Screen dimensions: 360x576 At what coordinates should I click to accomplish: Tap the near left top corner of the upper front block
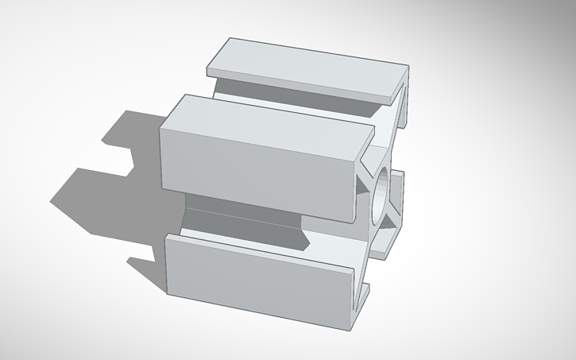[x=161, y=126]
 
